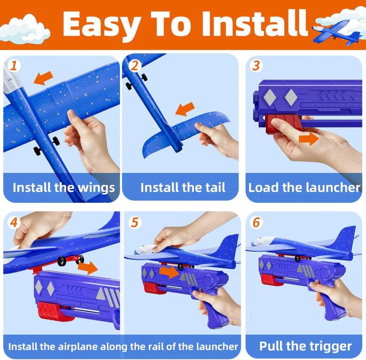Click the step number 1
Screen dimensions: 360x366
point(14,66)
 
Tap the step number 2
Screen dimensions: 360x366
point(135,66)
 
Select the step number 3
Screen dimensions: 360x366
point(256,66)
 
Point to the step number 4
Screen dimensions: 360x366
point(14,222)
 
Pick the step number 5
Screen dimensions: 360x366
point(134,222)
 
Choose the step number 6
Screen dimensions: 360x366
point(256,222)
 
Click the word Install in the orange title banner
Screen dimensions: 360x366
point(254,23)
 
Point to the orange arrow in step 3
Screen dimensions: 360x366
point(309,138)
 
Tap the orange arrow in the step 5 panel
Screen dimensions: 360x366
point(169,272)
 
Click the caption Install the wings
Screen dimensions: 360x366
point(64,187)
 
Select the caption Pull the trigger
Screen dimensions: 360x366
point(305,346)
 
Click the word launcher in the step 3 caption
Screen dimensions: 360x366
point(332,187)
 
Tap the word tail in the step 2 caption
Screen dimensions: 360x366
point(214,187)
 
